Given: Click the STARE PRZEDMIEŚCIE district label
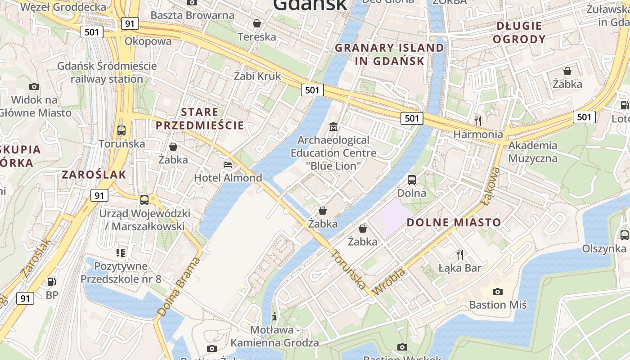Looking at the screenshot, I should pos(200,118).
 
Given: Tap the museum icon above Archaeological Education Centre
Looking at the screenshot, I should pos(333,127).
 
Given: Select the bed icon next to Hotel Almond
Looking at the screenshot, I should pos(228,165).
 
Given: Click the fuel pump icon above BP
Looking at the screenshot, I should pos(52,282).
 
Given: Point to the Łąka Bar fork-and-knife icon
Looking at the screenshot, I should pos(459,255).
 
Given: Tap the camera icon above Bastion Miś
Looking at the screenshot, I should pos(497,292).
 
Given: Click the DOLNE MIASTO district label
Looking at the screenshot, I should pos(454,222).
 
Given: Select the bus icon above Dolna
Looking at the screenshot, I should pos(411,180).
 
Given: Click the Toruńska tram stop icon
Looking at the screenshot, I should pos(121,130).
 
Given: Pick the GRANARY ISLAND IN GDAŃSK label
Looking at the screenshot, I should pos(390,54).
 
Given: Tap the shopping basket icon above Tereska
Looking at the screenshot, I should pos(257,23).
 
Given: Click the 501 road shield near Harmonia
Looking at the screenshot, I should pos(411,118).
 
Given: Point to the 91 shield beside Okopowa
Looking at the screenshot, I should pos(130,23).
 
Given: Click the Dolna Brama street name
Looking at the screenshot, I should pos(178,287).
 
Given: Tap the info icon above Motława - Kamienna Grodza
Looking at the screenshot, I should pos(274,316).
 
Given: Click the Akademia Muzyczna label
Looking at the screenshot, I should pos(533,152).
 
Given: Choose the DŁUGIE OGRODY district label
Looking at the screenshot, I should pos(519,32).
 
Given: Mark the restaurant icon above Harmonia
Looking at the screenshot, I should pos(478,121).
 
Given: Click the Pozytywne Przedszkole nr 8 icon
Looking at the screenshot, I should pos(120,253).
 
